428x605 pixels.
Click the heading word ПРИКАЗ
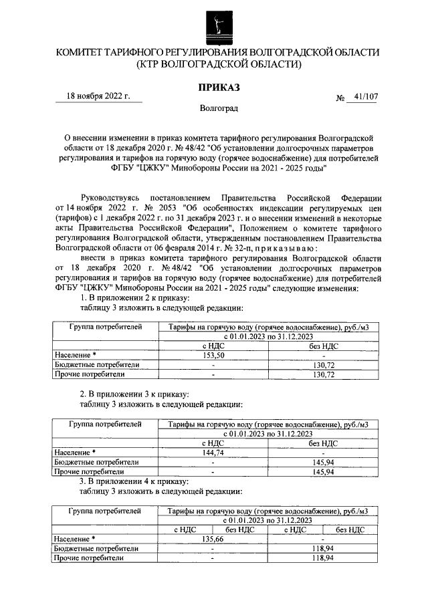tap(218, 88)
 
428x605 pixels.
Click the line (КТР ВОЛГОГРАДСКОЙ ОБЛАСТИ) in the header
tap(218, 64)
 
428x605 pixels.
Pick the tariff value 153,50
tap(212, 356)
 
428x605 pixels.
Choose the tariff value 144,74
tap(212, 452)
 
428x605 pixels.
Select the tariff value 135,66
tap(212, 538)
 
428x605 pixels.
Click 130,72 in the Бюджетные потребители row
tap(324, 365)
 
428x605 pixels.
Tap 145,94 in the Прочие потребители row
tap(324, 471)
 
